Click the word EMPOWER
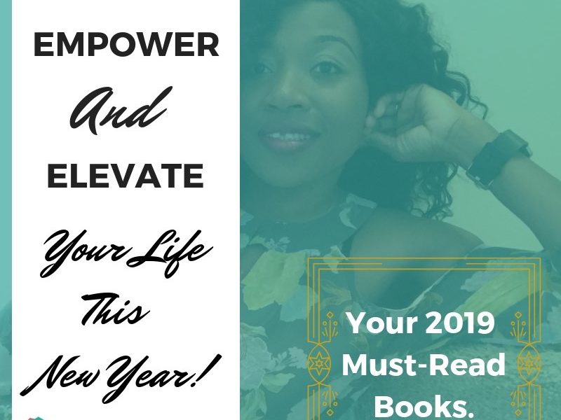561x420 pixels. coord(126,45)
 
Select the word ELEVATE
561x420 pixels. coord(126,176)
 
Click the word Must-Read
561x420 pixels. coord(424,365)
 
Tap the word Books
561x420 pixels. coord(426,407)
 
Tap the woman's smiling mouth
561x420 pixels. coord(289,137)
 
